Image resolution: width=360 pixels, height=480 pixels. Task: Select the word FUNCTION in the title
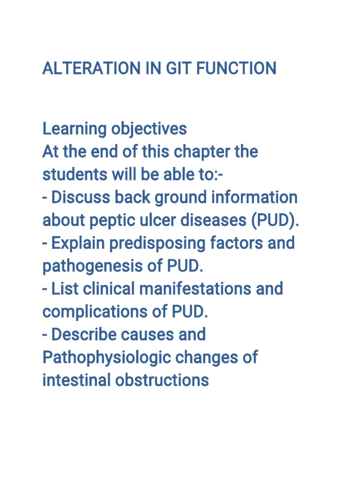click(236, 68)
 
